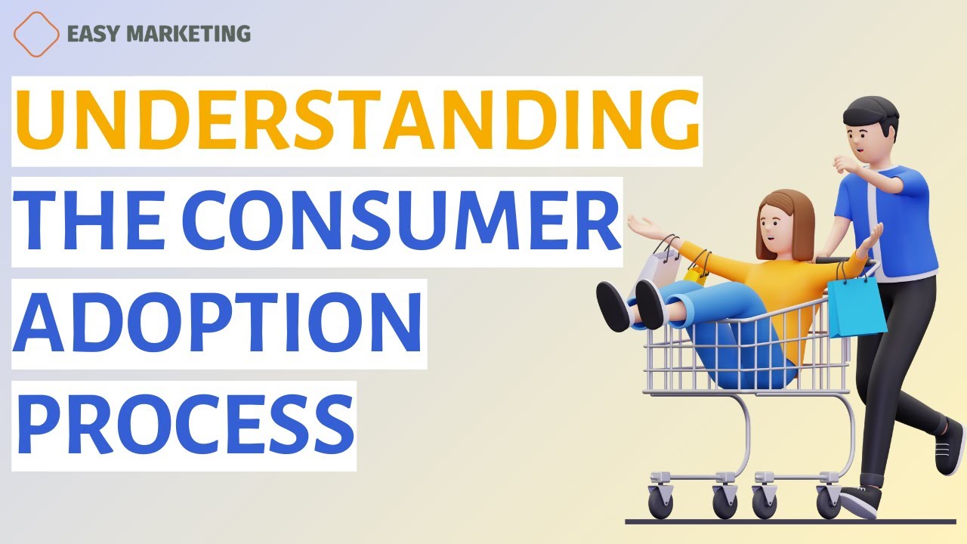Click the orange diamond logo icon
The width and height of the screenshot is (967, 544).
click(x=36, y=33)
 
